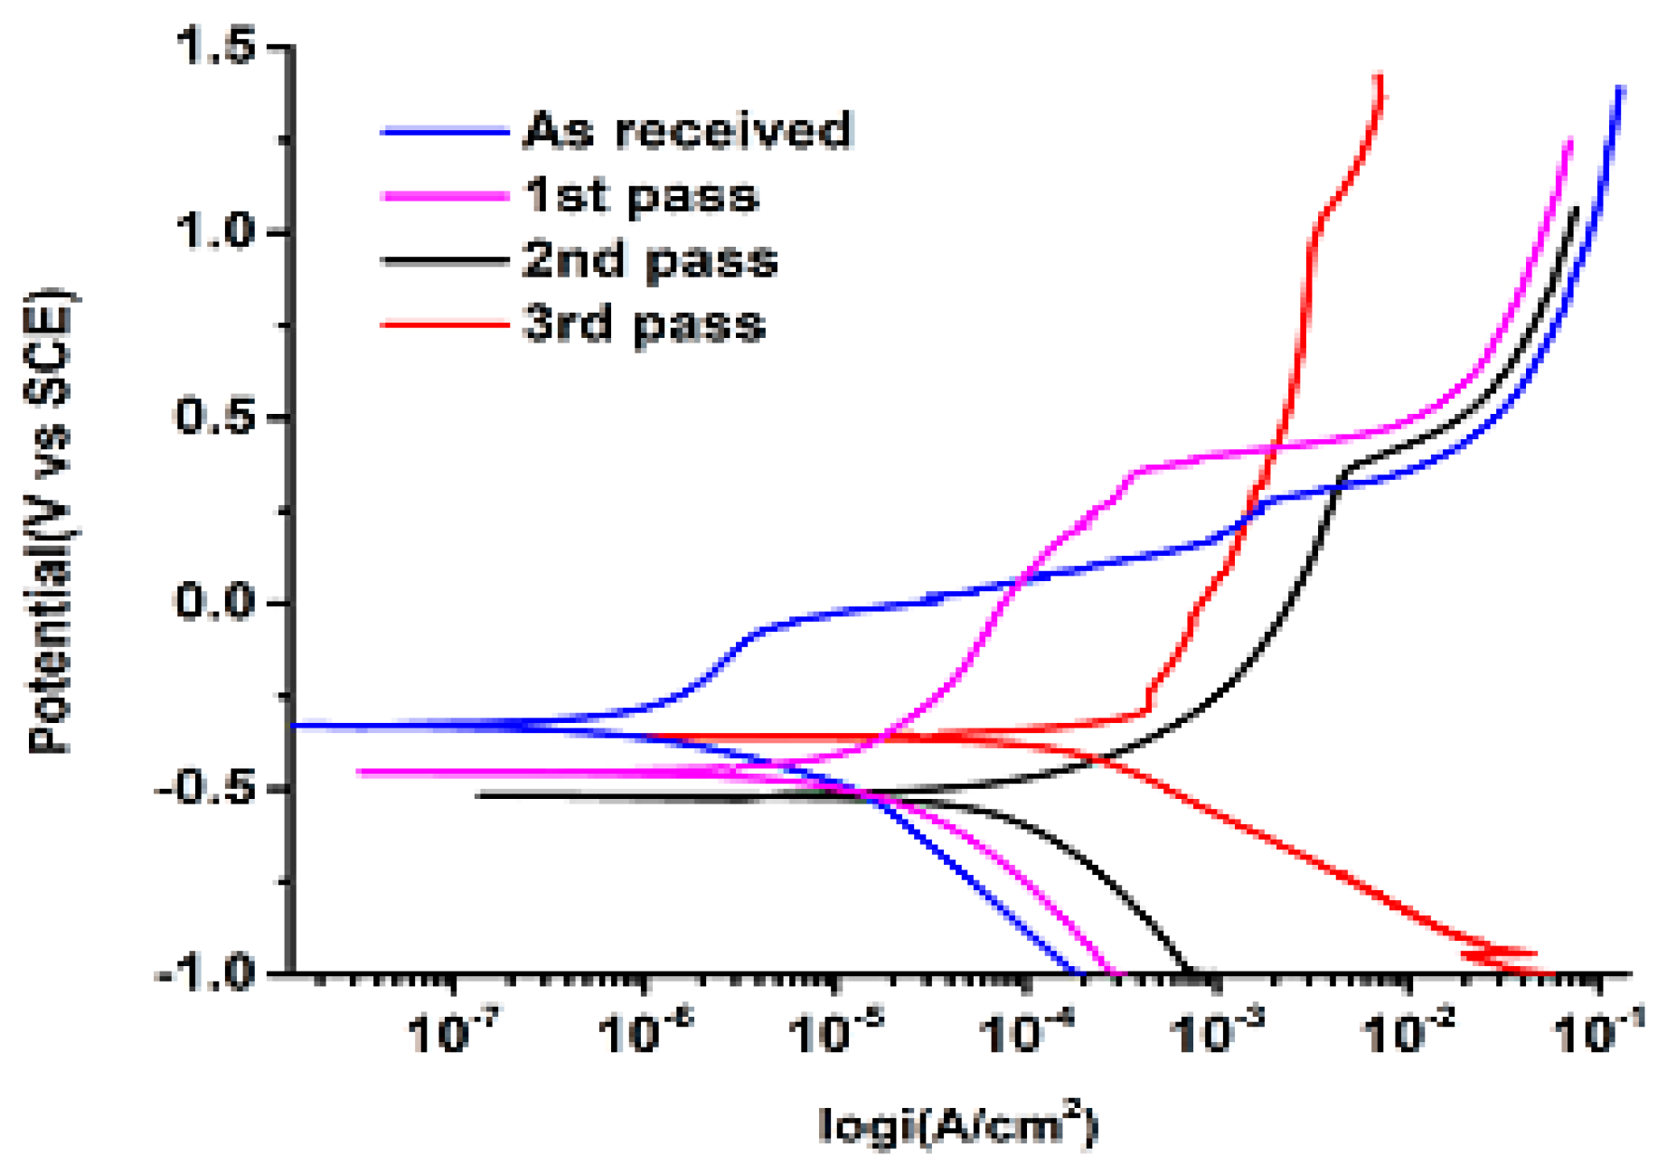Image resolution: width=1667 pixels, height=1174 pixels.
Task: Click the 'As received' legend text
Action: tap(687, 130)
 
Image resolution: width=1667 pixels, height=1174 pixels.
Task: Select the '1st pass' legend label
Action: tap(642, 195)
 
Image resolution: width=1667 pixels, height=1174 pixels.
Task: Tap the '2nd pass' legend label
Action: tap(651, 260)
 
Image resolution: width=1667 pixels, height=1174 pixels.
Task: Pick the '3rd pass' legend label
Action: tap(645, 324)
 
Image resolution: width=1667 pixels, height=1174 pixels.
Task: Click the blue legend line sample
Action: tap(445, 132)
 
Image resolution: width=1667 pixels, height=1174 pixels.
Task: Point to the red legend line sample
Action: tap(445, 324)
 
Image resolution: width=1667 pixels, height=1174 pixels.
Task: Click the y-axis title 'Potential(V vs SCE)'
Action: tap(51, 521)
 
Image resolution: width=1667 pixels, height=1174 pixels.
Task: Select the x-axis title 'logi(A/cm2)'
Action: tap(958, 1125)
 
